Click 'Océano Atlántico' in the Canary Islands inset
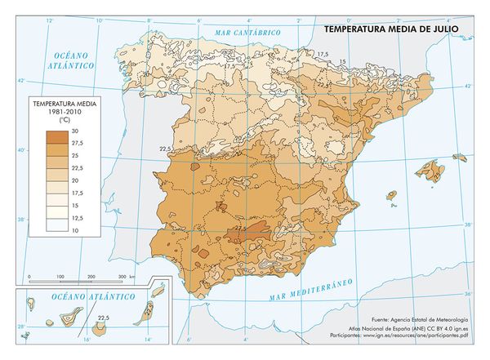point(82,299)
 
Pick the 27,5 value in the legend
point(76,143)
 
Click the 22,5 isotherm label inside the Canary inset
point(103,317)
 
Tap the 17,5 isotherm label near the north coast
point(323,54)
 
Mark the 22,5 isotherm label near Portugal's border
point(164,149)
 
